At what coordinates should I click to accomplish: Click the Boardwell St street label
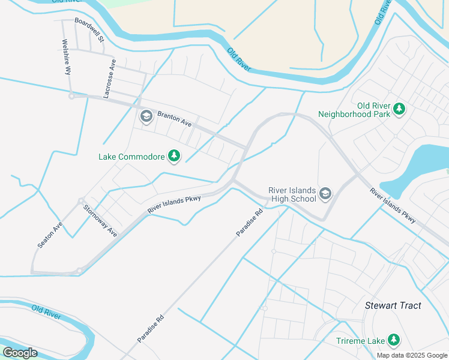coord(89,29)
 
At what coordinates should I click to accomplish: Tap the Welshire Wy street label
coord(66,57)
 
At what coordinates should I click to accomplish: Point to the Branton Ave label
coord(174,118)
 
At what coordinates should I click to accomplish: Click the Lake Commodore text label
coord(131,157)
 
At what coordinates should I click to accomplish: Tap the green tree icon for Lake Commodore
coord(174,157)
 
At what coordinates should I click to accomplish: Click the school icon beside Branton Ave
coord(145,116)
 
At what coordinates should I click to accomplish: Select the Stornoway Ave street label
coord(100,221)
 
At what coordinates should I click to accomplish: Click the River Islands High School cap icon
coord(325,193)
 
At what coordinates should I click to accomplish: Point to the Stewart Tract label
coord(393,305)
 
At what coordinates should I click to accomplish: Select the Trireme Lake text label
coord(360,341)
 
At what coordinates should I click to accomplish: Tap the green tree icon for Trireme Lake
coord(394,340)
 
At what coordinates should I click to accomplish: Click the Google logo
coord(20,353)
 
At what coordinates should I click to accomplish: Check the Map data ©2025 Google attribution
coord(412,355)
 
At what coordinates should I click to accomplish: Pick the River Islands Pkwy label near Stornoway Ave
coord(174,205)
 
